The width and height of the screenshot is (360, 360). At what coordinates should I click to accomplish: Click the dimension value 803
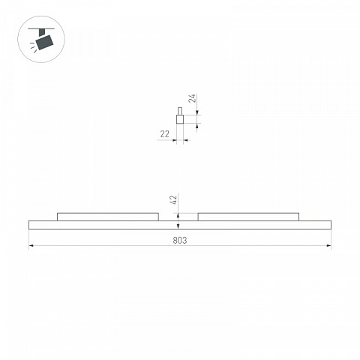(180, 240)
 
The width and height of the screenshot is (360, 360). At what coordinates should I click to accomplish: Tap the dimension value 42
(173, 199)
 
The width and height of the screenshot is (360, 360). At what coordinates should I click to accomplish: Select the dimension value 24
(192, 98)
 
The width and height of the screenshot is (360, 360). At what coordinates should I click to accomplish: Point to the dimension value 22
(164, 134)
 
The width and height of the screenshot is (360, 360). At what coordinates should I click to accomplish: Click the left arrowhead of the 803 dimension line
(31, 246)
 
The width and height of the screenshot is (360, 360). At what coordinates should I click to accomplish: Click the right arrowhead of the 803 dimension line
(329, 246)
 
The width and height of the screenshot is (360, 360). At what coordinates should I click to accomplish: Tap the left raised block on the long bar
(108, 217)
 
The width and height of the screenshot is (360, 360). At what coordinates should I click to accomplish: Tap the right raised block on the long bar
(248, 217)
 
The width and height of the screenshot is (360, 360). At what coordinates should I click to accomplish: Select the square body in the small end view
(180, 119)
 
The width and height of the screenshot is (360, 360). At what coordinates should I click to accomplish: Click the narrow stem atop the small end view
(180, 111)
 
